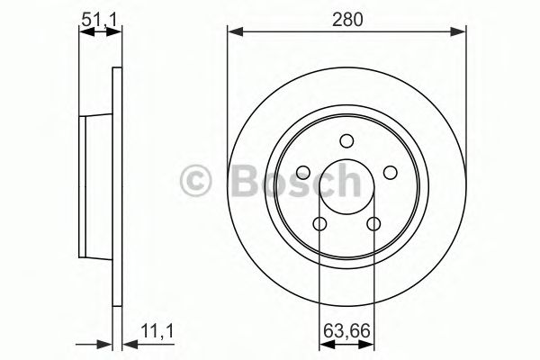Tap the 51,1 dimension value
(x=100, y=17)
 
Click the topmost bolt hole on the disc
(x=346, y=140)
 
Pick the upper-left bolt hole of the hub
(x=303, y=173)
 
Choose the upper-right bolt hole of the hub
(x=390, y=173)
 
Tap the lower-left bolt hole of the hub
(x=319, y=224)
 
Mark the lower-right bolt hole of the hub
(x=373, y=224)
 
